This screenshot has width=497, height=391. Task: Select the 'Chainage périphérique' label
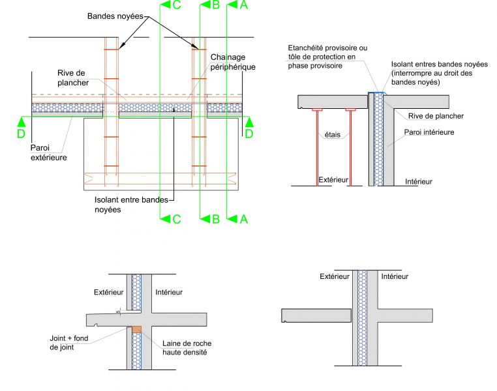233,62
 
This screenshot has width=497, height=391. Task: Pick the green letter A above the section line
243,5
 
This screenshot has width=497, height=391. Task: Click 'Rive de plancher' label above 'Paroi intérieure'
436,116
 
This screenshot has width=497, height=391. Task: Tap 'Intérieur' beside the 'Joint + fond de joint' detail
170,292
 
